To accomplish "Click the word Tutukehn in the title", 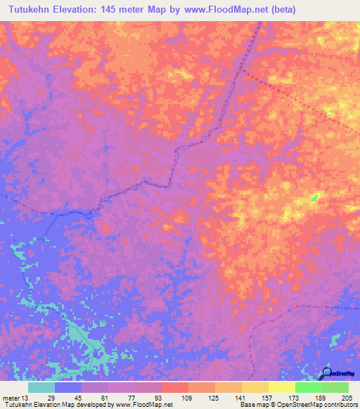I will click(32, 10).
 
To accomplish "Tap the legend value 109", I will click(188, 398).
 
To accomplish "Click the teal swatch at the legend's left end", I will click(41, 387).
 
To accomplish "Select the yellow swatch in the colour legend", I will click(281, 387).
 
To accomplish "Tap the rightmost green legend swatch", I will click(335, 387).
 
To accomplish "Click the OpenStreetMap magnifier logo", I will click(326, 372).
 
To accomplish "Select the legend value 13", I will click(26, 398).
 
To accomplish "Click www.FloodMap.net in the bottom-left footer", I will click(143, 405).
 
